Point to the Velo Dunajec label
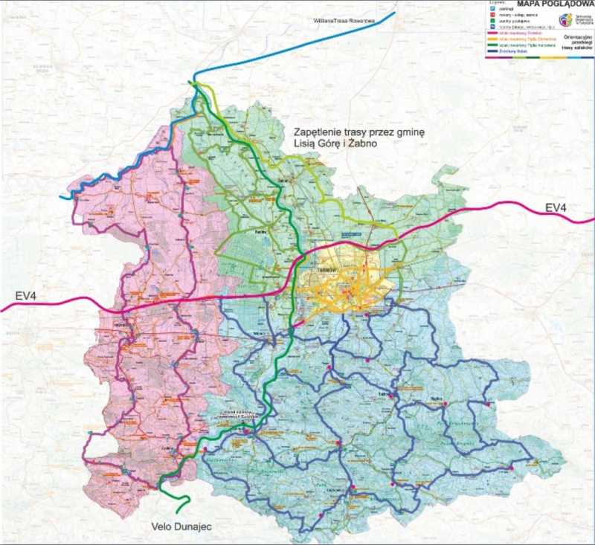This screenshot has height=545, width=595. pos(176,526)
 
